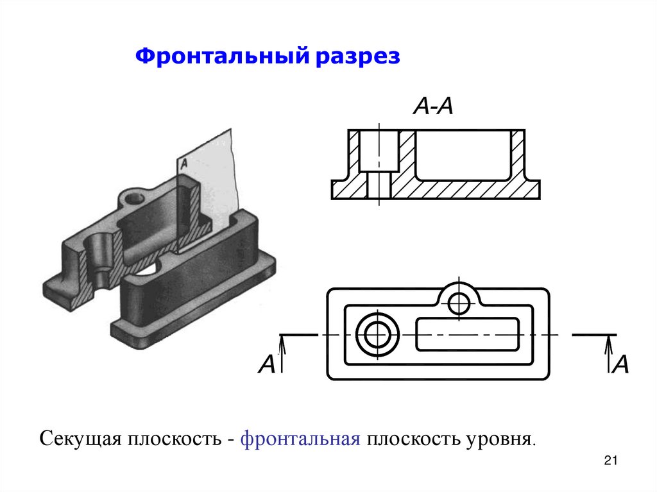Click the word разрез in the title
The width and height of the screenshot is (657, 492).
(x=357, y=57)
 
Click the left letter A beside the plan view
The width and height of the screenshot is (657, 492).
(x=266, y=364)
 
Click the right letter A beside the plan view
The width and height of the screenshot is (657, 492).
(x=621, y=364)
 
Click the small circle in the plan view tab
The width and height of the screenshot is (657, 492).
(x=459, y=303)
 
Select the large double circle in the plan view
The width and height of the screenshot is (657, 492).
(x=378, y=335)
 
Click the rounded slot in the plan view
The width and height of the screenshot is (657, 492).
(x=468, y=335)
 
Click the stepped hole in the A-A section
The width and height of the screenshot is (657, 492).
(x=379, y=164)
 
